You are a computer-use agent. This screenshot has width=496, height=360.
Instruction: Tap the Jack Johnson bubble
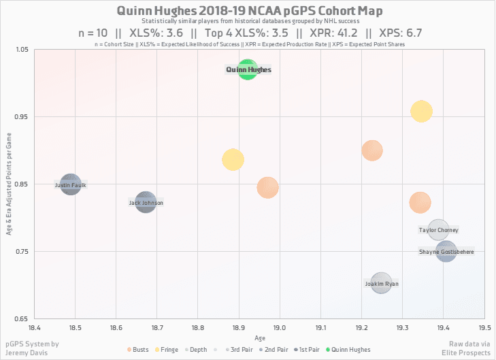[146, 202]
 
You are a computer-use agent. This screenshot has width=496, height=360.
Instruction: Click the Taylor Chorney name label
[439, 230]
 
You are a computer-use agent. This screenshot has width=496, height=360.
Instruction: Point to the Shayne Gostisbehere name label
[446, 252]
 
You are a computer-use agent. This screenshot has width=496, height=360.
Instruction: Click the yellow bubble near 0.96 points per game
[421, 111]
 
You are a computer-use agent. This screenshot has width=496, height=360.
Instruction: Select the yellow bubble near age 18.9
[233, 160]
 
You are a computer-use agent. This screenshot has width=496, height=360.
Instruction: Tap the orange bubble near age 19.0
[267, 187]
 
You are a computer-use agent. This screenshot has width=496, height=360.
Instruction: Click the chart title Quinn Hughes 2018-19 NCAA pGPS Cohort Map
[250, 11]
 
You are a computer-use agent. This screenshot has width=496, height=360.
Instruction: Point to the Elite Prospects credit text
[467, 353]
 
